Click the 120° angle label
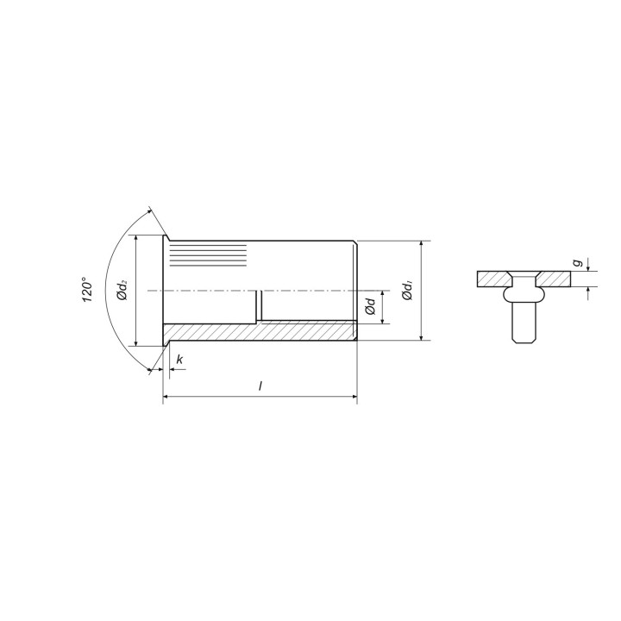tap(87, 291)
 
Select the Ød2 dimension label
tap(122, 290)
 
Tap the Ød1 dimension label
tap(407, 290)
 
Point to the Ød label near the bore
tap(370, 306)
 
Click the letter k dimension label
tap(179, 360)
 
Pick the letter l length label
tap(260, 386)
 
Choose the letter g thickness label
tap(579, 262)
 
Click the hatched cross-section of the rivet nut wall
tap(260, 332)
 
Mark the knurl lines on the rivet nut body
tap(208, 255)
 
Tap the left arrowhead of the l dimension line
tap(166, 396)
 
